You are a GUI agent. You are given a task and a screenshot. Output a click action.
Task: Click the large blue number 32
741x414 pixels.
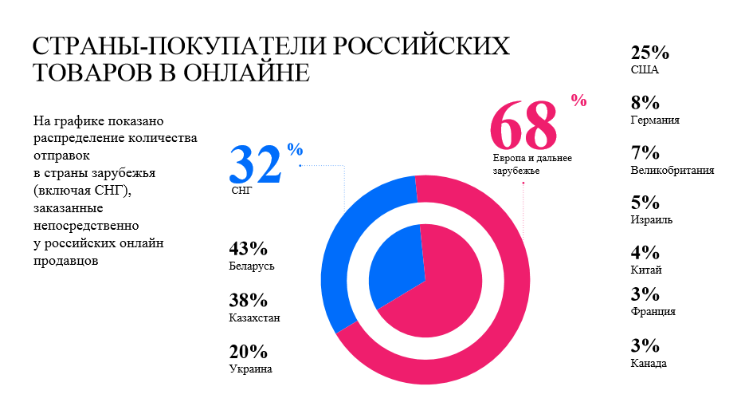(x=255, y=165)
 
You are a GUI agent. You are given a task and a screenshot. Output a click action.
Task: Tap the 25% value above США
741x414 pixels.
(x=649, y=53)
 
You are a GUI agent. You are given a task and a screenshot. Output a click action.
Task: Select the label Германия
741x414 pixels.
(x=654, y=120)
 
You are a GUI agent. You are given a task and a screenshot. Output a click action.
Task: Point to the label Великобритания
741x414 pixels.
(x=672, y=170)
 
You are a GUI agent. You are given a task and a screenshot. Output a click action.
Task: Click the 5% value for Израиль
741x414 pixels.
(x=645, y=203)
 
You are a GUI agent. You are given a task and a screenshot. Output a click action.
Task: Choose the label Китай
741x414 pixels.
(x=645, y=270)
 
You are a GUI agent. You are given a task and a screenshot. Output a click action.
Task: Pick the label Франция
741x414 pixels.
(x=653, y=312)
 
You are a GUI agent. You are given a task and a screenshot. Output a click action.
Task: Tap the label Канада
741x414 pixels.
(x=649, y=364)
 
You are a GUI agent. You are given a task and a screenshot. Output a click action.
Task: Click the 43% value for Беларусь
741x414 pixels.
(x=248, y=248)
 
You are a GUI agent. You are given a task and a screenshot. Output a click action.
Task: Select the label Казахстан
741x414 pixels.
(x=253, y=317)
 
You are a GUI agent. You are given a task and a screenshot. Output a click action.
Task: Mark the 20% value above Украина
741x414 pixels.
(x=248, y=352)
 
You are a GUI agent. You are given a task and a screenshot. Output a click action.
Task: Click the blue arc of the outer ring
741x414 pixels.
(x=338, y=255)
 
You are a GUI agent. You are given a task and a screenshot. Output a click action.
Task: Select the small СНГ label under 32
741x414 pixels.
(x=240, y=191)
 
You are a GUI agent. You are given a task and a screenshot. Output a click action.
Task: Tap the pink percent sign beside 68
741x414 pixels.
(x=578, y=101)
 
